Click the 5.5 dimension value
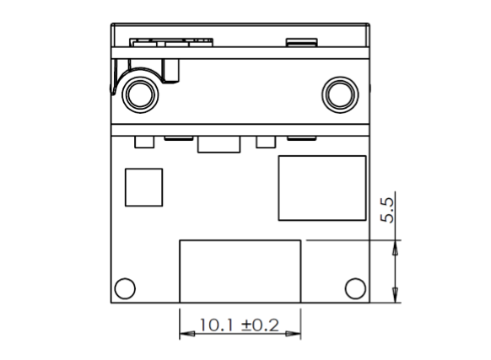(x=387, y=210)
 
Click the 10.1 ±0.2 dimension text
(x=239, y=325)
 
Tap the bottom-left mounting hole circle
(x=125, y=288)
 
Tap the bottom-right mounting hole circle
(x=355, y=288)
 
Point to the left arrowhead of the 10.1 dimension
(x=187, y=334)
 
